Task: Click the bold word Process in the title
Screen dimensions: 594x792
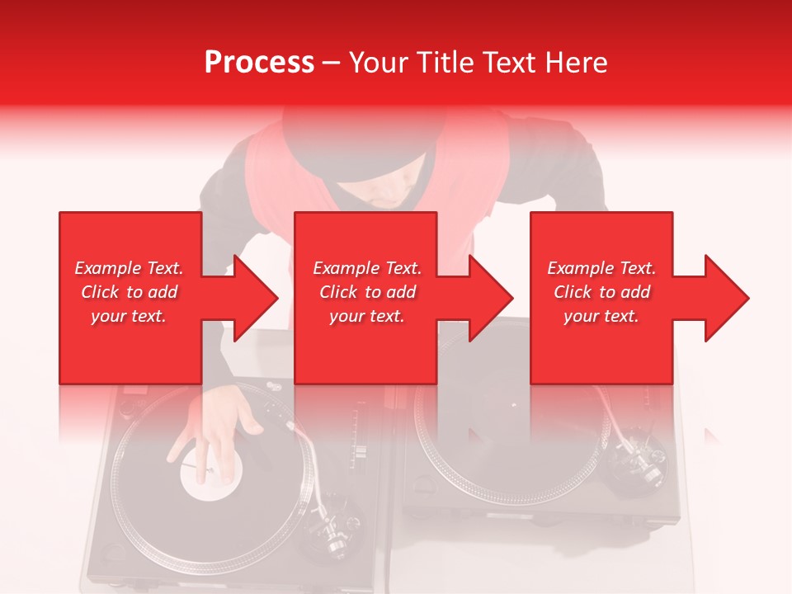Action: coord(259,63)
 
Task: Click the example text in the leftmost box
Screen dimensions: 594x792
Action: coord(129,292)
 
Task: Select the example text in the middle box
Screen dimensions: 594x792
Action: coord(367,292)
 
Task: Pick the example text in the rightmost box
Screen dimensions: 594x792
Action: coord(601,292)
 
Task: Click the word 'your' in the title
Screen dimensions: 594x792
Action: coord(377,63)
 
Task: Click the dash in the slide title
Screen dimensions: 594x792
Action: coord(331,63)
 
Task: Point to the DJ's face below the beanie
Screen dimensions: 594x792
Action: coord(388,194)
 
